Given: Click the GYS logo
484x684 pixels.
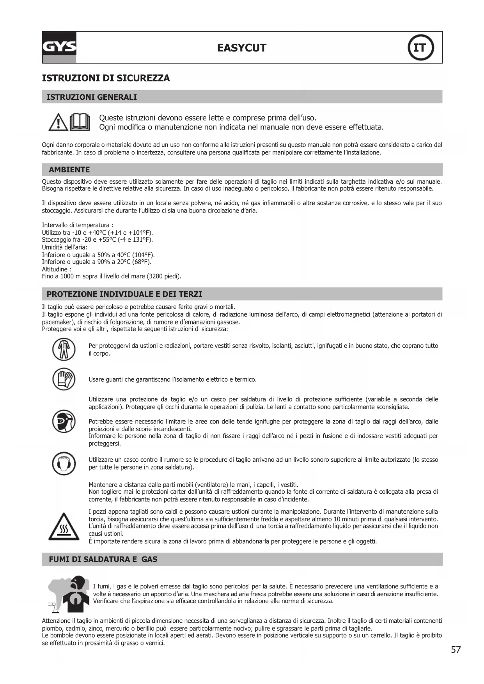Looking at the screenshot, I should (x=59, y=48).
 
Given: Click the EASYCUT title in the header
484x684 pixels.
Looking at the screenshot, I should (x=241, y=48).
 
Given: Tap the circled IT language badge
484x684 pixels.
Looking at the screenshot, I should (x=420, y=48).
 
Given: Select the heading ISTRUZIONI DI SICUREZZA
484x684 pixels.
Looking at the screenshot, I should (x=106, y=78).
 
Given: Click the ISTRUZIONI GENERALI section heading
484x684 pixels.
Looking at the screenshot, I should (x=92, y=97).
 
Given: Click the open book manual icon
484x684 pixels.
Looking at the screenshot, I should (x=80, y=122).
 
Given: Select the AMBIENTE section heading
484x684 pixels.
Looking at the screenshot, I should (x=69, y=170).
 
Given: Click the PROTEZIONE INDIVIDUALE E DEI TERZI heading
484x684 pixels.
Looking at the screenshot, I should (x=124, y=294).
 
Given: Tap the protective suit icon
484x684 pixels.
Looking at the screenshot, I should (x=64, y=349).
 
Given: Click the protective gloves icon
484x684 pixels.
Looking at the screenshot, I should (x=64, y=379).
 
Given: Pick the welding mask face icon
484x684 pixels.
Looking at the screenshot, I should (x=64, y=422).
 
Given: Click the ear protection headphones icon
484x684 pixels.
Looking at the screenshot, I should (x=64, y=463).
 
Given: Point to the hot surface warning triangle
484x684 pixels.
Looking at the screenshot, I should (x=64, y=527).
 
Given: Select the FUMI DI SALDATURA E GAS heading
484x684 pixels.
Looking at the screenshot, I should (x=103, y=559).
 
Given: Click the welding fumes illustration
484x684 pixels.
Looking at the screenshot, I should (x=69, y=594).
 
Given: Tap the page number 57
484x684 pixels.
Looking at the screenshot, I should (x=456, y=650).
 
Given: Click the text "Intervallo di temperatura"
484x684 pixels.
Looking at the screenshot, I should (x=75, y=225).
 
